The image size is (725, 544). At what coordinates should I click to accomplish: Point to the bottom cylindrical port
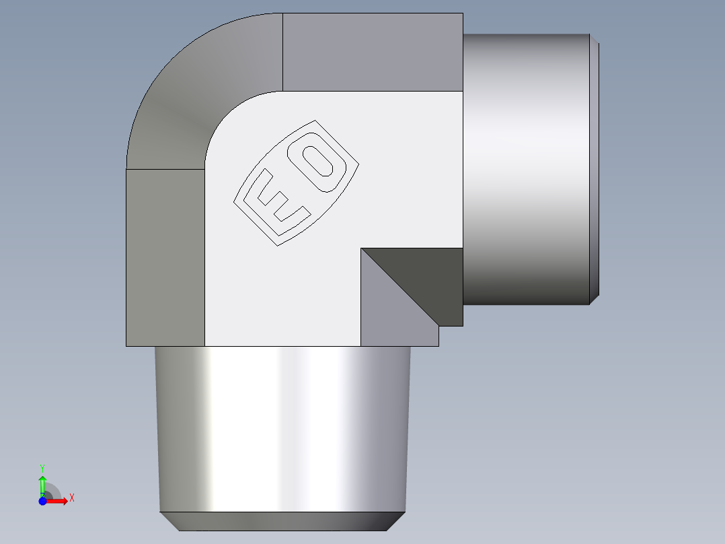tap(282, 431)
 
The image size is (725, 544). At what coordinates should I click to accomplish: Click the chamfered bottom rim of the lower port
tap(282, 521)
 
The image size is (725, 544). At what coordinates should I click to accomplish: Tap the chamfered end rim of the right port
tap(595, 168)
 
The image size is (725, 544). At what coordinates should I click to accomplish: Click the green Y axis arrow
tap(42, 483)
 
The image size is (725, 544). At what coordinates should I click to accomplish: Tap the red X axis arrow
tap(58, 500)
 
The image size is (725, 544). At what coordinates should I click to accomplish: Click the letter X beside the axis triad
tap(71, 498)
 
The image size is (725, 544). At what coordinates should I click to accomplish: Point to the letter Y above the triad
tap(42, 467)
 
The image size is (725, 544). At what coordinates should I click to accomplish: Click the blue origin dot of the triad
tap(42, 500)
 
